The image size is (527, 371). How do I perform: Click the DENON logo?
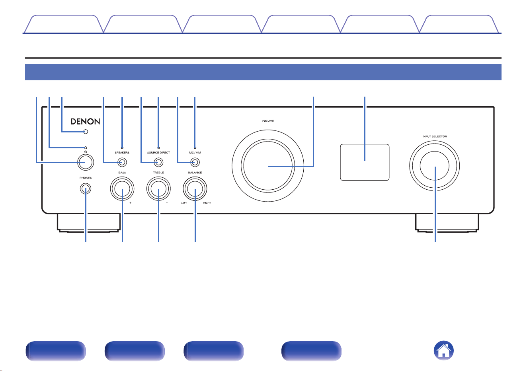click(x=85, y=121)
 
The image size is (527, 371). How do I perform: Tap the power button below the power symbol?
click(x=86, y=162)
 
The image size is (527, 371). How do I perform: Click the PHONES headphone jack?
click(x=86, y=189)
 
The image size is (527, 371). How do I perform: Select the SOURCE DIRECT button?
click(x=158, y=162)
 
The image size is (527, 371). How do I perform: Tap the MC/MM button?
click(x=195, y=162)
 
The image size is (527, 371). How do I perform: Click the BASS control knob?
click(x=122, y=188)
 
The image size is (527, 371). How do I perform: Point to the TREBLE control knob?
click(x=158, y=188)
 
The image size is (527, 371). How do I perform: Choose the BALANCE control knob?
click(x=195, y=188)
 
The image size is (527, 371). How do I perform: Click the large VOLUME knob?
click(x=268, y=166)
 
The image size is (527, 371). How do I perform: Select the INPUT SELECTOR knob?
click(x=435, y=166)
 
